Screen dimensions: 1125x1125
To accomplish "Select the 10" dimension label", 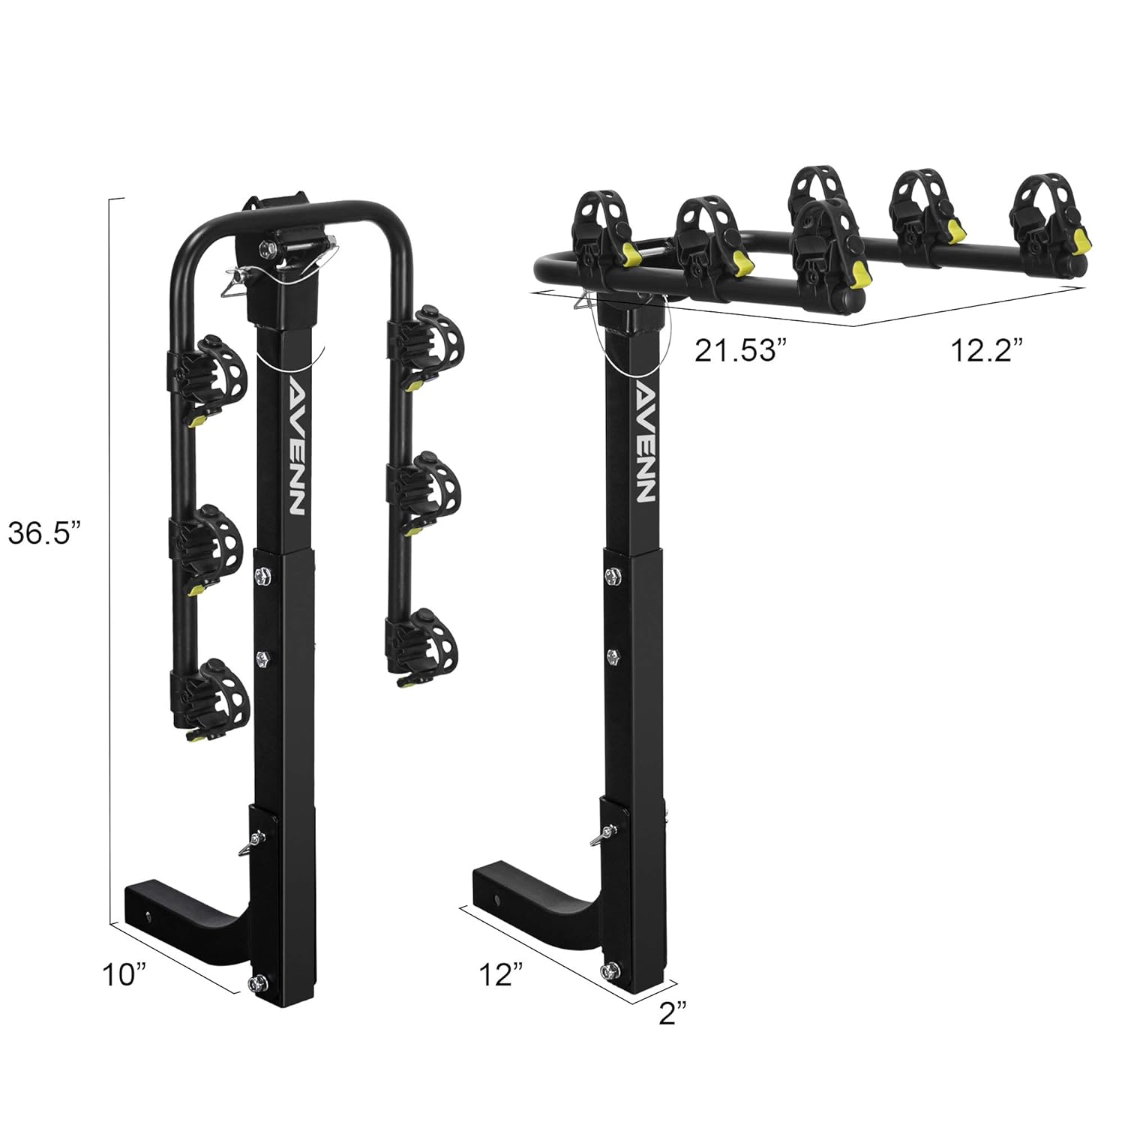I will pyautogui.click(x=124, y=975).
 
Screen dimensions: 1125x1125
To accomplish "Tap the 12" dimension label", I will pyautogui.click(x=500, y=974).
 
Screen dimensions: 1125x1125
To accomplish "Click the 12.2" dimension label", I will pyautogui.click(x=987, y=350).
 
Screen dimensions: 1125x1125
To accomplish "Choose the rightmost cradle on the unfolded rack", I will pyautogui.click(x=1046, y=214).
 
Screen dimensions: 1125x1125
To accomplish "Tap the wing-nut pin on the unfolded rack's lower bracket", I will pyautogui.click(x=604, y=832).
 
